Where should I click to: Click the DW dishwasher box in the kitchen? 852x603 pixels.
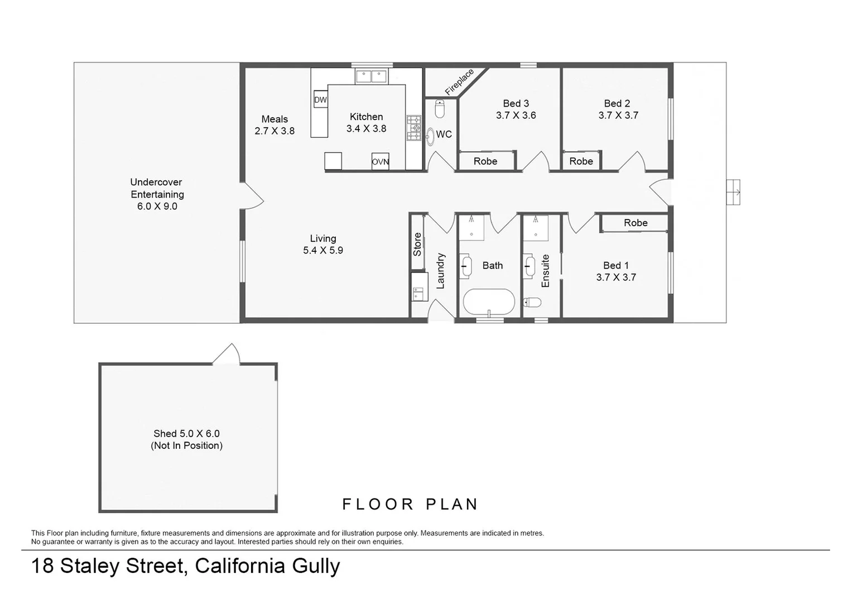320,100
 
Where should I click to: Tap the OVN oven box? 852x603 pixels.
380,161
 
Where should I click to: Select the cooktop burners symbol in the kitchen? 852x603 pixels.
414,128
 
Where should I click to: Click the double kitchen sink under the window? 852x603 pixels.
371,76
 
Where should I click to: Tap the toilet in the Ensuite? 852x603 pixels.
533,303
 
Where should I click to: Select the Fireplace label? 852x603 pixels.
459,82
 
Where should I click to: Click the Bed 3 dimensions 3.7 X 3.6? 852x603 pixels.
516,116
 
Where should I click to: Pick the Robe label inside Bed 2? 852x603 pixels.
581,161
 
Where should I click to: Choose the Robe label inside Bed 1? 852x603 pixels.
636,223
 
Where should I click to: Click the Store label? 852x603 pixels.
417,245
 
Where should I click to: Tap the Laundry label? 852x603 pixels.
440,271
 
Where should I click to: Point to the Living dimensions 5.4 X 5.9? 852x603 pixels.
323,251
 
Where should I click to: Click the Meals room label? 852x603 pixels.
275,119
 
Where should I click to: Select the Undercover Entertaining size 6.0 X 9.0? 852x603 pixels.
157,207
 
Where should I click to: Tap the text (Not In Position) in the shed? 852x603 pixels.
186,446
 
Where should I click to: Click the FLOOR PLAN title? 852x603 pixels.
410,504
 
